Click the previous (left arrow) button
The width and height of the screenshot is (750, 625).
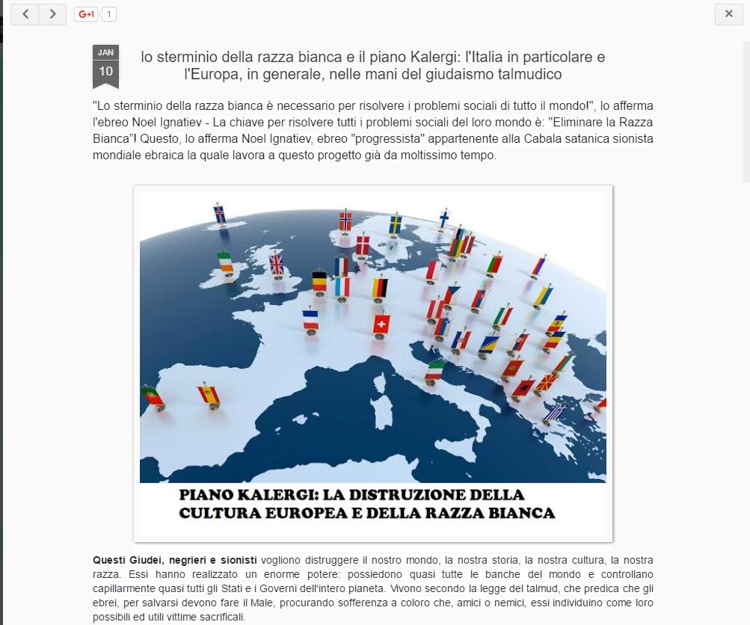(x=25, y=14)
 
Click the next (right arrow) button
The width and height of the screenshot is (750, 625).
(x=52, y=14)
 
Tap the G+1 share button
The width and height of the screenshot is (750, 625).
(x=86, y=14)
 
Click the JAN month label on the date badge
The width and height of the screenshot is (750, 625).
(x=105, y=52)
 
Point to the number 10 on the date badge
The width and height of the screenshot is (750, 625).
(x=105, y=71)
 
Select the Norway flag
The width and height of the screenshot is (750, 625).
(x=345, y=221)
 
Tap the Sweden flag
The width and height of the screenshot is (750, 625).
(x=395, y=224)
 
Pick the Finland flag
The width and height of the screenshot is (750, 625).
(x=443, y=218)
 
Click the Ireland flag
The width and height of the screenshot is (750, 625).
(x=225, y=260)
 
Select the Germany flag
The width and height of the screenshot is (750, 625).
(x=380, y=287)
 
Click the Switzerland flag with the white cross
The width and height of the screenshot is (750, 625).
(x=381, y=324)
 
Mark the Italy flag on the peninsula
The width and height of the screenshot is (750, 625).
(x=435, y=369)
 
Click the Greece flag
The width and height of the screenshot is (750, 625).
(x=555, y=412)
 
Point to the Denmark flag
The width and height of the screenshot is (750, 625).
(x=362, y=244)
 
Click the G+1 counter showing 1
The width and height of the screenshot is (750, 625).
(x=108, y=14)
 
